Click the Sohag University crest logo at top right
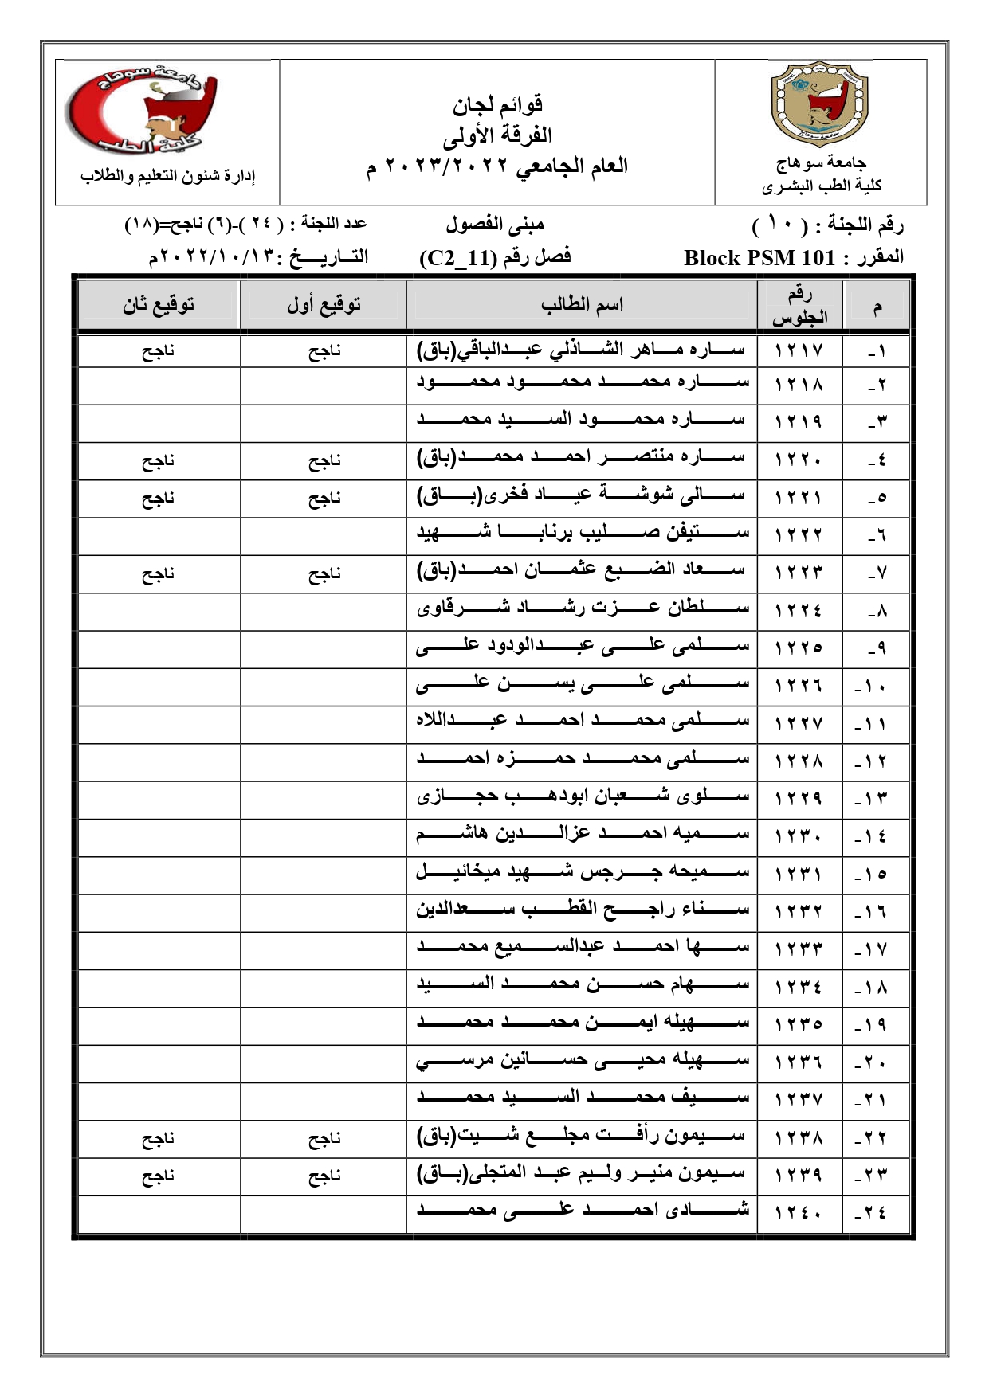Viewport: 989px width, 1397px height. point(821,104)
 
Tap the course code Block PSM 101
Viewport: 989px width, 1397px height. point(759,258)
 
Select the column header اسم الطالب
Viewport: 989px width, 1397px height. point(582,304)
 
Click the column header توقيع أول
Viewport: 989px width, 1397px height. point(324,304)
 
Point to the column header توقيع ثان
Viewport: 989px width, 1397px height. point(159,304)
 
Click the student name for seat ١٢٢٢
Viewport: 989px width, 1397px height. point(583,533)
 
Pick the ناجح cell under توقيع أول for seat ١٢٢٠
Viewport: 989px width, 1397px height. point(324,460)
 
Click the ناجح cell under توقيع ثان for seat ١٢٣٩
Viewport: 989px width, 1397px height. point(159,1176)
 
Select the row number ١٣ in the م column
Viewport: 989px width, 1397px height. point(876,799)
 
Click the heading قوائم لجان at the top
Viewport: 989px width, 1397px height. point(497,104)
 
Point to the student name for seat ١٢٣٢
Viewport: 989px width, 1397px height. point(583,909)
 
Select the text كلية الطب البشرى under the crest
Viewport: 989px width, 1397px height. point(821,186)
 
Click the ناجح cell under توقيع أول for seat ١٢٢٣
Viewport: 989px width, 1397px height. point(324,573)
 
